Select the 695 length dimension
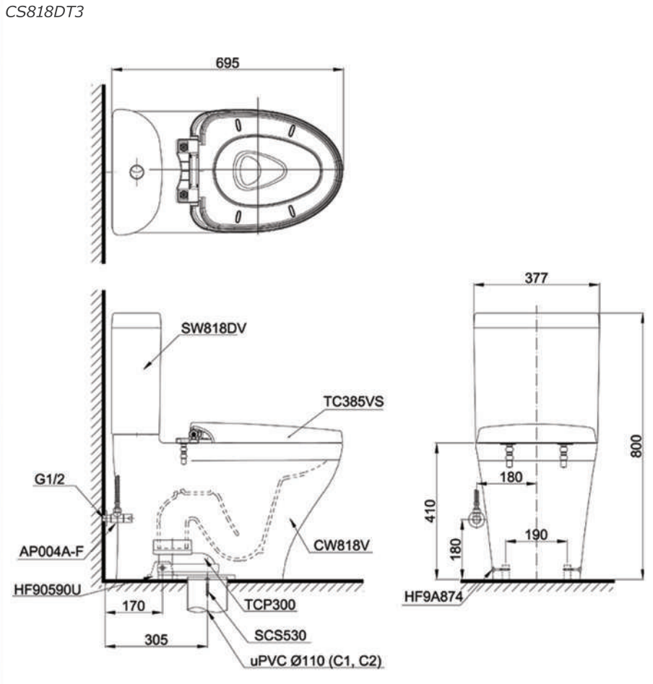(x=228, y=62)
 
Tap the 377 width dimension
(x=536, y=277)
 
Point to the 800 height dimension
(x=636, y=447)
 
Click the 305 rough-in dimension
(x=157, y=639)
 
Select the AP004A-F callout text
(x=51, y=552)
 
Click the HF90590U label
(x=48, y=589)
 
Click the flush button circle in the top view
(x=137, y=172)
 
